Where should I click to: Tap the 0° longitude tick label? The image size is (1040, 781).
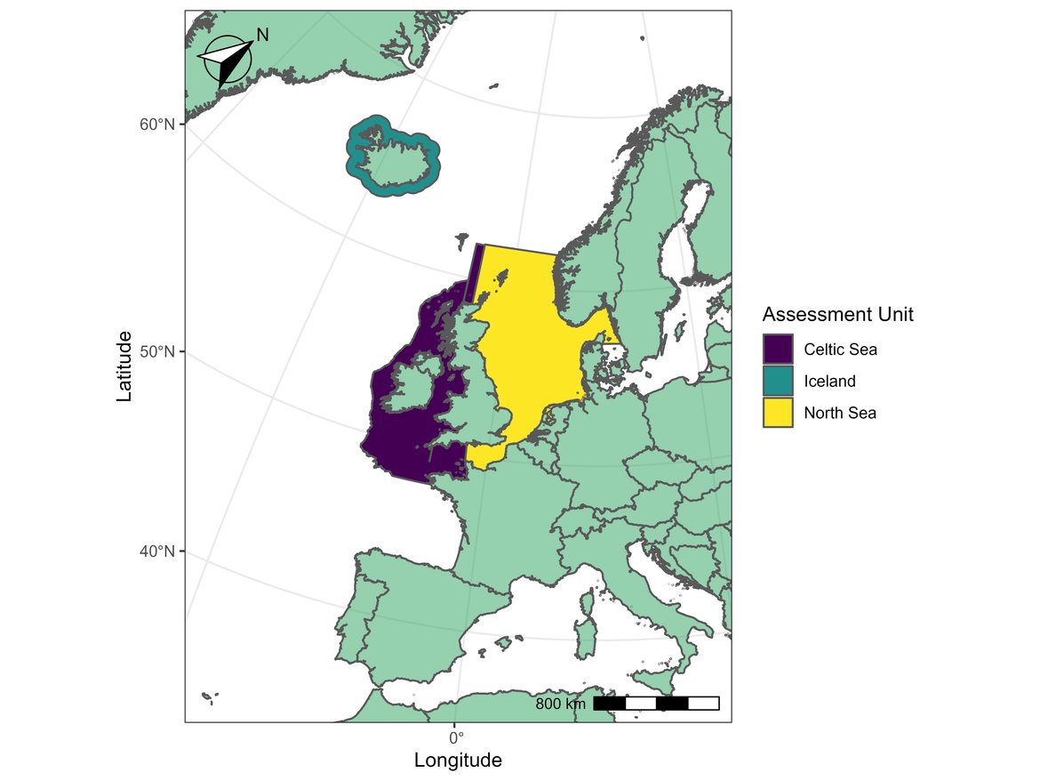coord(456,737)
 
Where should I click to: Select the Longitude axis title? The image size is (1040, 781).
coord(458,761)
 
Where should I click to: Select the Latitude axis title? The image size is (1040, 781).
coord(124,366)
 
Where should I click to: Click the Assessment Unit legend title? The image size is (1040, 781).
coord(837,314)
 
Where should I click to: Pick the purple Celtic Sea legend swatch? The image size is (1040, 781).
coord(778,350)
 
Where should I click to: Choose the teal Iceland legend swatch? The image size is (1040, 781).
coord(778,382)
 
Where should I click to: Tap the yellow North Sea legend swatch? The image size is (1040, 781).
coord(778,413)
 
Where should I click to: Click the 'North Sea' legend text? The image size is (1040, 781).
coord(840,413)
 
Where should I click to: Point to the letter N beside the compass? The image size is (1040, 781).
coord(262,35)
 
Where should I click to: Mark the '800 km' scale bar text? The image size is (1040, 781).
coord(560,705)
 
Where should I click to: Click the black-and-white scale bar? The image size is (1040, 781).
coord(656,704)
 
